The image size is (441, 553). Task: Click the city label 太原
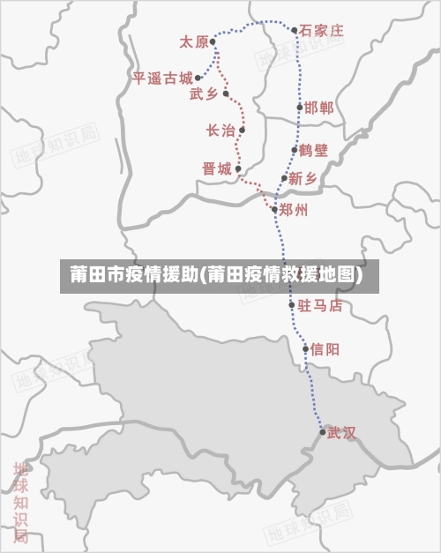(193, 41)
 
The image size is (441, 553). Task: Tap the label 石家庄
(321, 30)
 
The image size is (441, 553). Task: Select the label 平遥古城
(162, 78)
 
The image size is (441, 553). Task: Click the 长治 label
(220, 131)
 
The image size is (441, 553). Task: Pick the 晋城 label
(217, 168)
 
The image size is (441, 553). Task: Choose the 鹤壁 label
(313, 150)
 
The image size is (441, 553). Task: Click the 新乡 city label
(303, 178)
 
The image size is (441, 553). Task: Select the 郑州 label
(294, 210)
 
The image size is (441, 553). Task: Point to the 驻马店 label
(320, 306)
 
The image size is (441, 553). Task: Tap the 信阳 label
(325, 349)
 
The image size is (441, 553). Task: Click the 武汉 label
(341, 432)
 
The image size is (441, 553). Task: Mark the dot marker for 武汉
(323, 431)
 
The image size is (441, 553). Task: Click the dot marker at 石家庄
(295, 30)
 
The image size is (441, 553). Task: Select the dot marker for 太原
(213, 41)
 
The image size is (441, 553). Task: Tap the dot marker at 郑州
(275, 209)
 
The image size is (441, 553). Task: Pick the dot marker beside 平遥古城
(198, 78)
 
